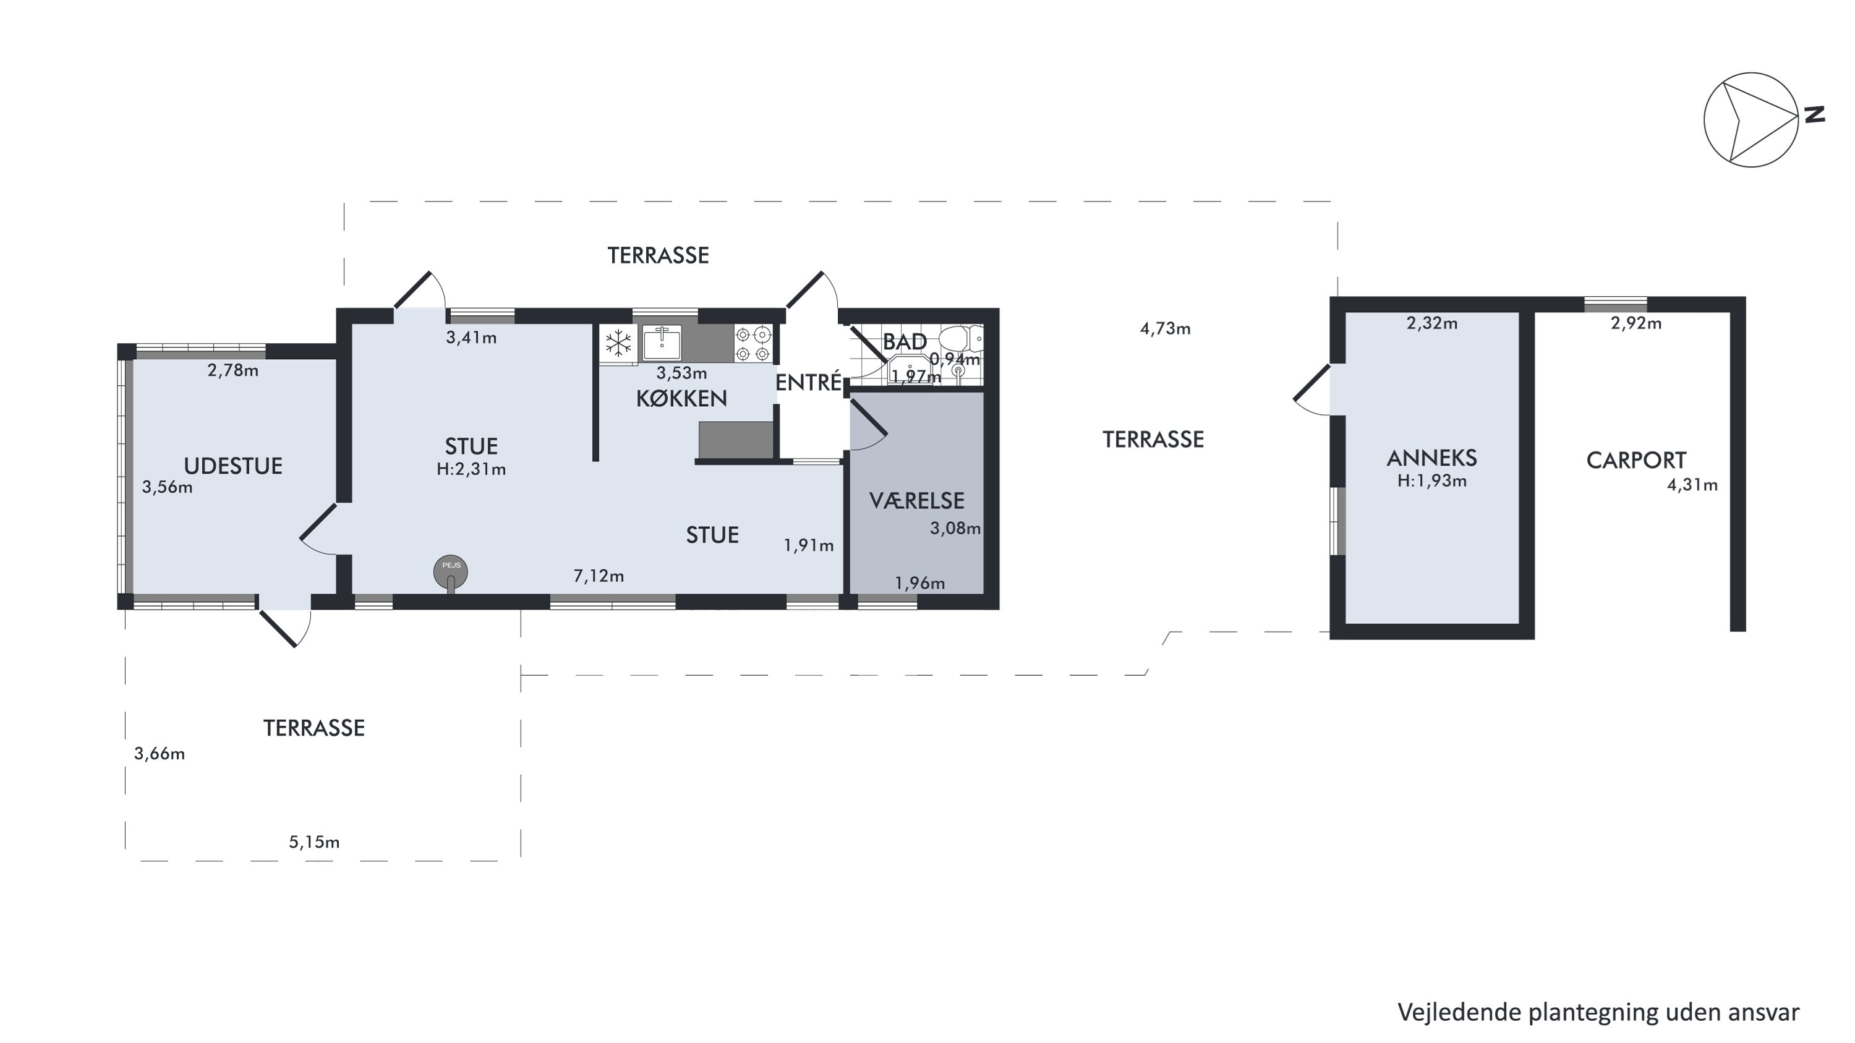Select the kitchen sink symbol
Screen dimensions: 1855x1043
(662, 342)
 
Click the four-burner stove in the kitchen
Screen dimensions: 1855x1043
(753, 343)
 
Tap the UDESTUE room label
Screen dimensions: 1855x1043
(232, 466)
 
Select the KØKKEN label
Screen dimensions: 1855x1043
(681, 398)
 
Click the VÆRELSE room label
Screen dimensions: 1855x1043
(917, 500)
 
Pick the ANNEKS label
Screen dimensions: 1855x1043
(1431, 458)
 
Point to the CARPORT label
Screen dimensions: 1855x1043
(1636, 460)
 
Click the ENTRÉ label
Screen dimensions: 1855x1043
(808, 382)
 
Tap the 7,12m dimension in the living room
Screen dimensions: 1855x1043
(599, 576)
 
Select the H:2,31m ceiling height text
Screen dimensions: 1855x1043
(471, 469)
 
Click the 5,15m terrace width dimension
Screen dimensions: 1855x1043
(314, 842)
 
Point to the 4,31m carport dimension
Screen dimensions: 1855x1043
(1692, 485)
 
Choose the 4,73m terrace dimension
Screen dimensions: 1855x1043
(1165, 329)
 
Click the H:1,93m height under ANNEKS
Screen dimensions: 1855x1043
(1431, 481)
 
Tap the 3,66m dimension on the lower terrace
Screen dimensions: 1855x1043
(159, 754)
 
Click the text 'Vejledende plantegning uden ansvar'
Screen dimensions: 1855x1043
(1598, 1012)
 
